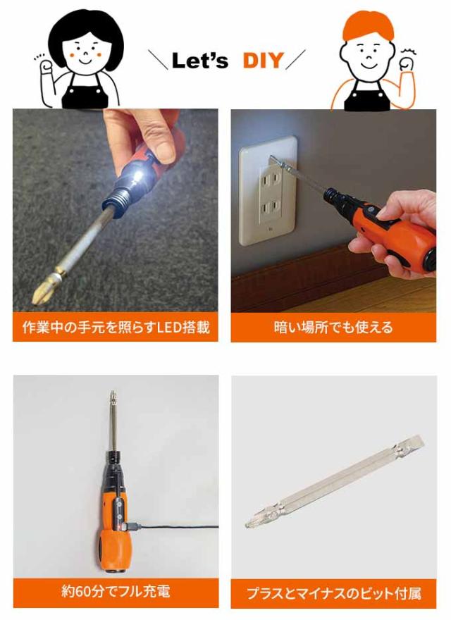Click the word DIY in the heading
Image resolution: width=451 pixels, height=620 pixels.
tap(263, 61)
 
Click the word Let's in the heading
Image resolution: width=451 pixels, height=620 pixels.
tap(200, 61)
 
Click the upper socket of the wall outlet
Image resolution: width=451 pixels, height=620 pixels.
tap(271, 181)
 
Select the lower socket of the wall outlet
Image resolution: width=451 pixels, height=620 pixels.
tap(271, 207)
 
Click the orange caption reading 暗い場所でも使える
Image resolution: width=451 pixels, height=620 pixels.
tap(333, 328)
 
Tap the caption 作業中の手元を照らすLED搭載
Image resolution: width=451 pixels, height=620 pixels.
tap(116, 328)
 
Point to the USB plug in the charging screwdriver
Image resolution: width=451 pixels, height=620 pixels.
tap(131, 526)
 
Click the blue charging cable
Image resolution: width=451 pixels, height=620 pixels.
tap(178, 527)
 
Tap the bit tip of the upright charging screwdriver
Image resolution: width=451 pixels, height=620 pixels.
tap(113, 395)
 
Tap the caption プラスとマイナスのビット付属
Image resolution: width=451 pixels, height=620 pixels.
tap(334, 593)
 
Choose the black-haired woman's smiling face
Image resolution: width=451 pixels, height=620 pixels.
tap(85, 51)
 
